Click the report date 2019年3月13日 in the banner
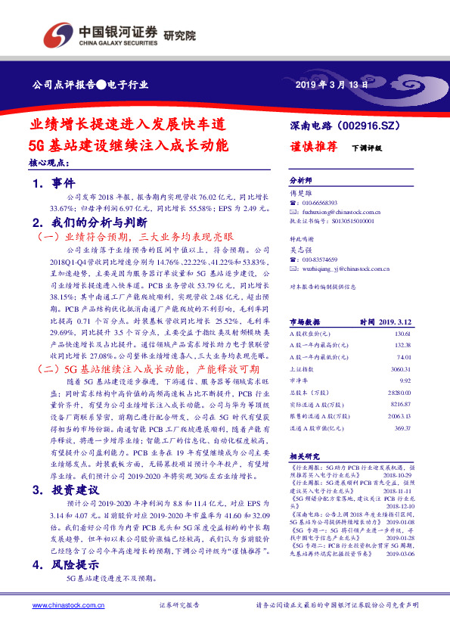[332, 84]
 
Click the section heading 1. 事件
[54, 183]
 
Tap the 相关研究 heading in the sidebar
[305, 457]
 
